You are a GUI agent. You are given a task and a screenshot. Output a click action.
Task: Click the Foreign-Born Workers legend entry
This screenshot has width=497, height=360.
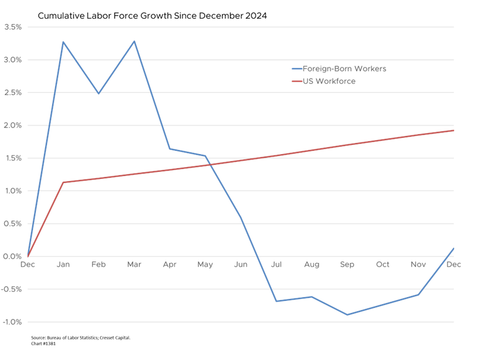344,69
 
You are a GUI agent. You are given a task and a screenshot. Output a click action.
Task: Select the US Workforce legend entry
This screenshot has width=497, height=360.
329,81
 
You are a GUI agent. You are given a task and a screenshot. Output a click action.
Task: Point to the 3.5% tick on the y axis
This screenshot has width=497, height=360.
13,27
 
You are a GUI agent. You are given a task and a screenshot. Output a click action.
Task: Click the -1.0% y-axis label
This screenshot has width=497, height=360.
12,322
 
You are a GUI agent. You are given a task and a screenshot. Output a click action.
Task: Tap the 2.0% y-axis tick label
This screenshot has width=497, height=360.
13,125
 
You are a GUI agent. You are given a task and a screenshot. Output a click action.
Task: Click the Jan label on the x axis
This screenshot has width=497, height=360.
63,265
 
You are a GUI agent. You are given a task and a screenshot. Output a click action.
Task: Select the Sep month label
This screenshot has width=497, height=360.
347,265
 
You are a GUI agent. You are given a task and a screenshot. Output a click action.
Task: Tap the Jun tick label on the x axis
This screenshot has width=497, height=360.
241,265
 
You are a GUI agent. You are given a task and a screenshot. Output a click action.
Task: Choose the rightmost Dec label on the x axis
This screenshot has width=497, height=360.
453,265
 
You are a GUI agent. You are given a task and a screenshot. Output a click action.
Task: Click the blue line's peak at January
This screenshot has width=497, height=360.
63,42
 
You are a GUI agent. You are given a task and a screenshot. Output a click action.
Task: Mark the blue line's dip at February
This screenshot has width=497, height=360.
99,94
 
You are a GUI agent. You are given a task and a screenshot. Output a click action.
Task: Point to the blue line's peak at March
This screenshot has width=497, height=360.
134,41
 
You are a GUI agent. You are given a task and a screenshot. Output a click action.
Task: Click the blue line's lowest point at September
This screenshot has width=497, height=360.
347,315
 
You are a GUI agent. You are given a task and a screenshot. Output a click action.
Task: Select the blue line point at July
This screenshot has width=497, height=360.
276,301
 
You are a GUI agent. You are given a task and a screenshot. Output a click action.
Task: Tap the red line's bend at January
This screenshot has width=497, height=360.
63,182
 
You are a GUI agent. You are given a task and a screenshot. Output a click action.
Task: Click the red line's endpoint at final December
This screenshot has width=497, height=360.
454,130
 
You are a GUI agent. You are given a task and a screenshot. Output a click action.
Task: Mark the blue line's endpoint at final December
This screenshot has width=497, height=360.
454,248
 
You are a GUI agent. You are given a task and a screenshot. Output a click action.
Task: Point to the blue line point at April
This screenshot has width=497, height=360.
170,149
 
